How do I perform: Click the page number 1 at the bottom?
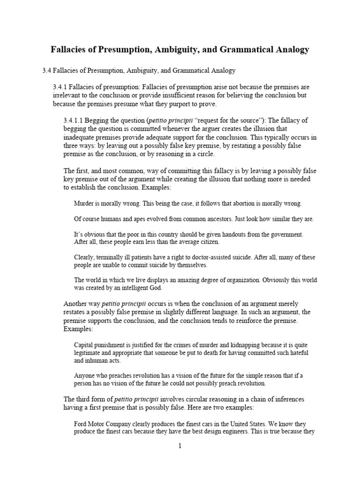pos(180,446)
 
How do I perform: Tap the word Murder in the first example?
pos(84,203)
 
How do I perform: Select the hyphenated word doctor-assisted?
pos(210,257)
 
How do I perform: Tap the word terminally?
pos(116,257)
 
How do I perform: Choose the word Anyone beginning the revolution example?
pos(86,375)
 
